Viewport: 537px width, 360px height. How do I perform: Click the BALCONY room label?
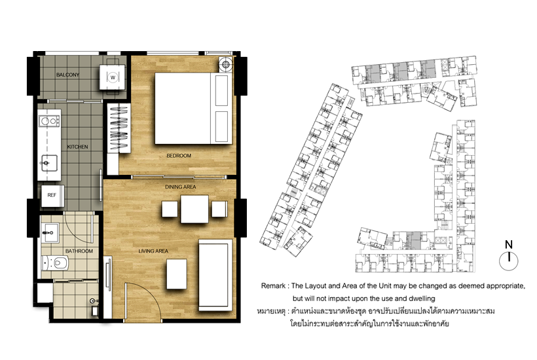pos(67,75)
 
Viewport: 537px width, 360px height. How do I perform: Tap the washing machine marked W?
pos(113,77)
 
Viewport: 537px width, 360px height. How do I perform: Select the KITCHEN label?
pos(77,147)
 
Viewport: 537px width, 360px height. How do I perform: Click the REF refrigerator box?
pos(52,196)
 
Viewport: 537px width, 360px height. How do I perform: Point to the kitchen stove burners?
pos(49,121)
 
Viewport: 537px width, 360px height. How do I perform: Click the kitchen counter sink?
pos(46,163)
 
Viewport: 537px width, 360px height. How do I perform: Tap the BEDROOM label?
pos(179,156)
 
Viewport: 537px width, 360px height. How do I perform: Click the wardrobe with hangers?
pos(119,128)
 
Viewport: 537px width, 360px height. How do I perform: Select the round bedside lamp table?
pos(225,64)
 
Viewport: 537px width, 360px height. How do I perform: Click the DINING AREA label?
pos(181,187)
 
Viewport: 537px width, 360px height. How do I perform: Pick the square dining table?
pos(194,209)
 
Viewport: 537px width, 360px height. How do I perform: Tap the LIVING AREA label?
pos(153,251)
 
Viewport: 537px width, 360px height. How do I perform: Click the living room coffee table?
pos(177,274)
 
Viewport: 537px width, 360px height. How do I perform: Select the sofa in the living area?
pos(215,275)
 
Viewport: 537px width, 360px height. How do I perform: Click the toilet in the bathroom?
pos(55,264)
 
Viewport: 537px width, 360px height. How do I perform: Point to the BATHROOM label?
pos(79,251)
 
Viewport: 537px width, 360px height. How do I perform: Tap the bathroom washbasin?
pos(50,233)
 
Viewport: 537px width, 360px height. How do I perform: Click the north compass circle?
pos(509,261)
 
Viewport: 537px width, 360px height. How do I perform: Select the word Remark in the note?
pos(273,286)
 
